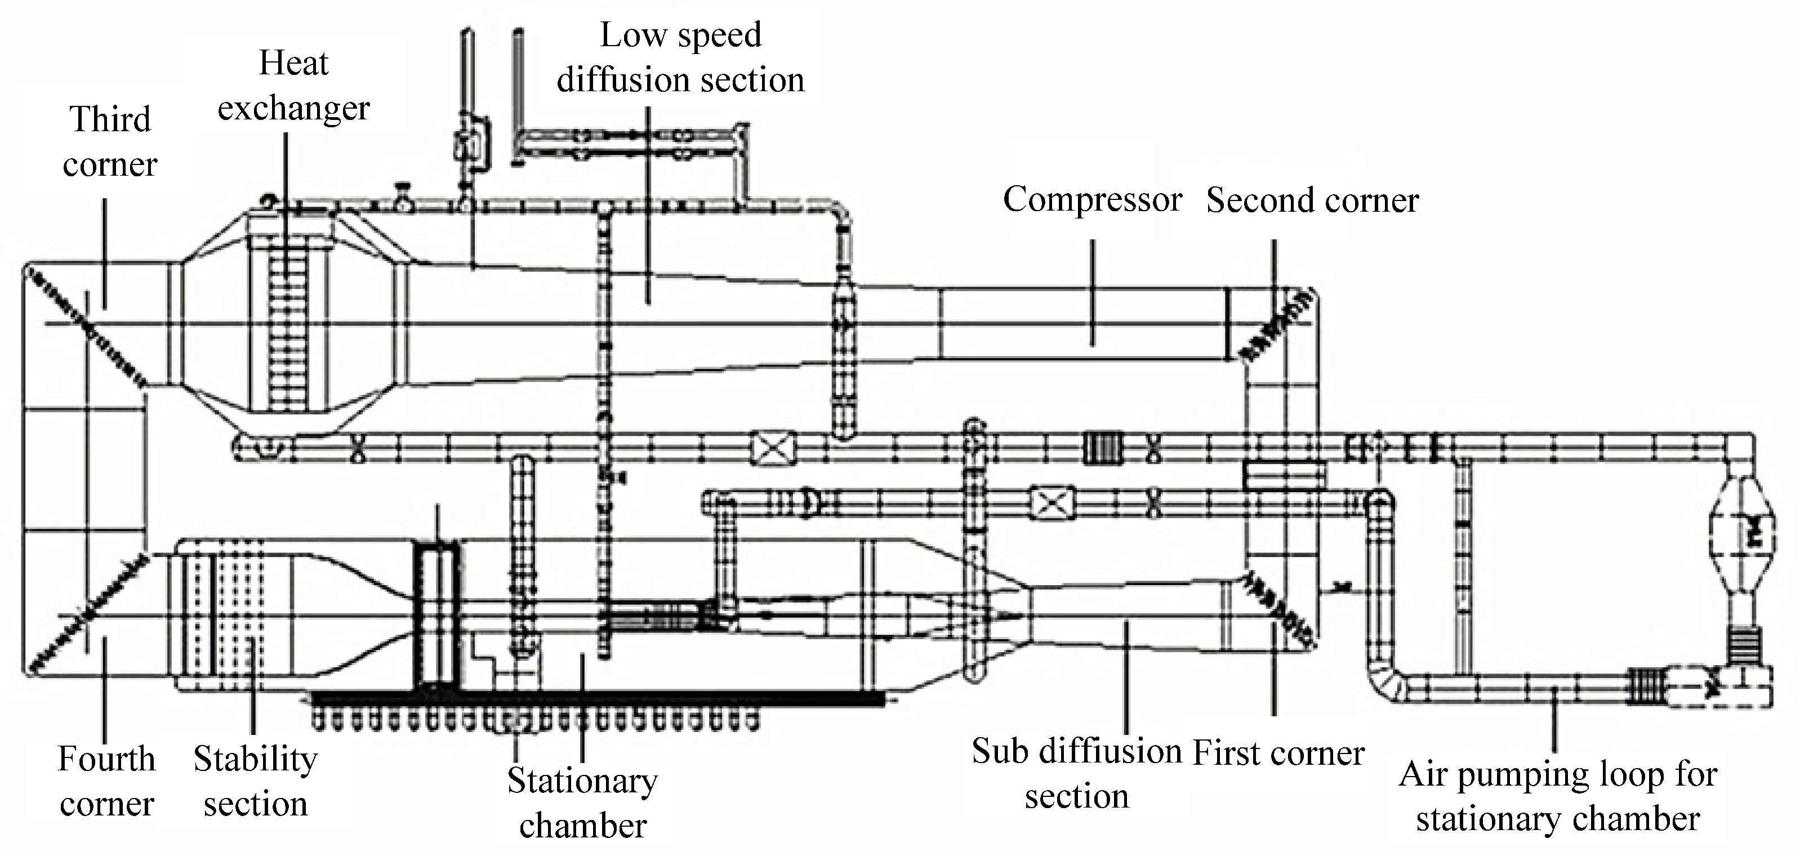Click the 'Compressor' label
[x=1092, y=200]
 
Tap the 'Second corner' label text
[x=1312, y=201]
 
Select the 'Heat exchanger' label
[x=293, y=85]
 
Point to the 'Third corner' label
[x=110, y=142]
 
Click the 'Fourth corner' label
[x=106, y=781]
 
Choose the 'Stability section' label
[x=255, y=781]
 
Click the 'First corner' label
[x=1278, y=754]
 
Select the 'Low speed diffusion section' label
[x=680, y=57]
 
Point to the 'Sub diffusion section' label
[x=1077, y=774]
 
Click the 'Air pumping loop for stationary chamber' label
[x=1557, y=797]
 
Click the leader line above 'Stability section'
[x=252, y=685]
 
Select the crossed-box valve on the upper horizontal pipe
[x=773, y=447]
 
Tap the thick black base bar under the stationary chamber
[x=598, y=697]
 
